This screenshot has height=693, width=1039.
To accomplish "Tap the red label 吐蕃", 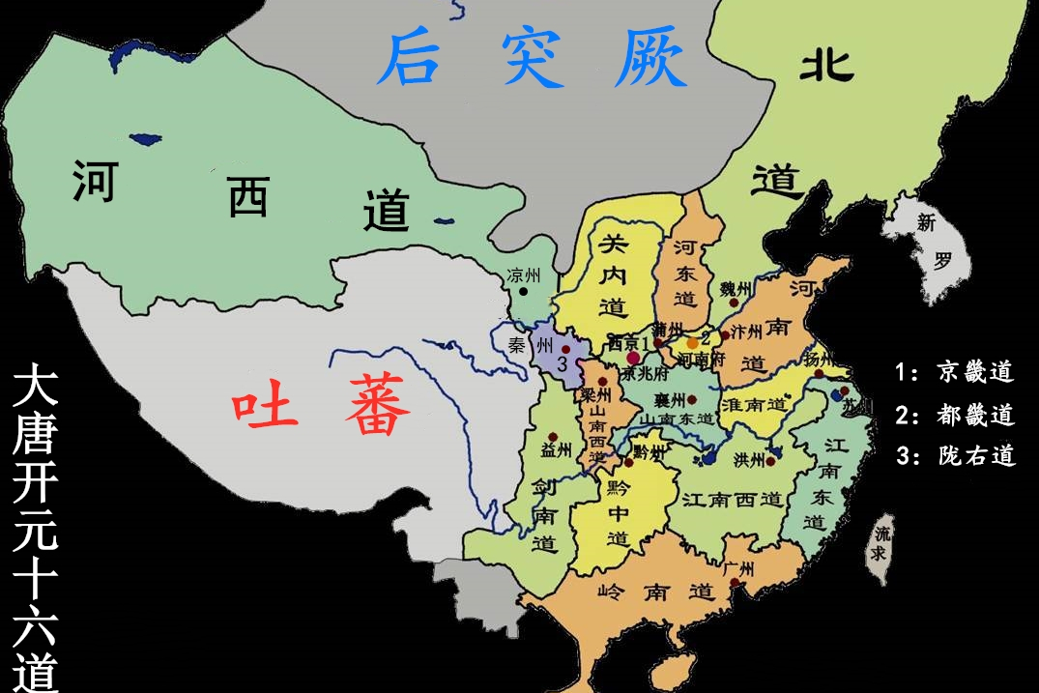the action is pos(322,411).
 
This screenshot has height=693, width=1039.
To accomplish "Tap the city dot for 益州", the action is pos(552,437).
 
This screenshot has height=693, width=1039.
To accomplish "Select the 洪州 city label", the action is pos(749,459).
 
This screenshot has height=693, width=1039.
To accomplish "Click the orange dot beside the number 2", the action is pos(692,343).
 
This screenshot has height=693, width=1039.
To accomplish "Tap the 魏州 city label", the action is pos(736,289).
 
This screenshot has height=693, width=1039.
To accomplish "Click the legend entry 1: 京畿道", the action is pos(954,372).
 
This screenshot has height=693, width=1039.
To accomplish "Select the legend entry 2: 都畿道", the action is pos(954,415).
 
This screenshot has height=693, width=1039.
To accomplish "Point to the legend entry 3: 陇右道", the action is pos(954,456).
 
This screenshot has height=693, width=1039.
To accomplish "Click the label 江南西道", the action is pos(732,500).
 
